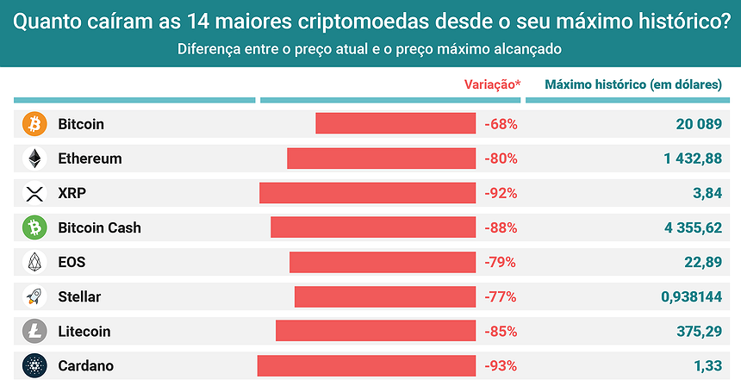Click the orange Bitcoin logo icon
34,124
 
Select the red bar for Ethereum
381,159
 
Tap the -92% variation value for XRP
501,193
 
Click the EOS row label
72,262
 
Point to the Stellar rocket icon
34,296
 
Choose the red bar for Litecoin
376,331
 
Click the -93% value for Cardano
501,365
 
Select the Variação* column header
493,84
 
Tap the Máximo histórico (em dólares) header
633,84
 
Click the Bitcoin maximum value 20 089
699,124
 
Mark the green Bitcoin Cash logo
34,227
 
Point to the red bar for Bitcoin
395,124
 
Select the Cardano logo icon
34,365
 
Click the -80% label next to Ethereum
501,159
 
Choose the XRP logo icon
34,193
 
